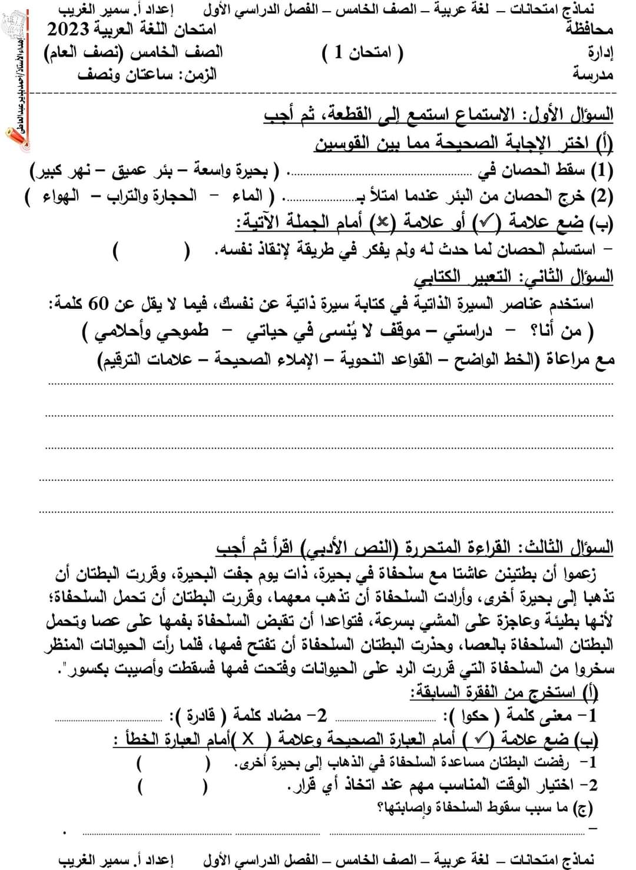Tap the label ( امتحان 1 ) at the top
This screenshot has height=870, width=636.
[363, 54]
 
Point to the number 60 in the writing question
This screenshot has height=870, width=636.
[98, 304]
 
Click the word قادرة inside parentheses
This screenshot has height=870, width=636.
[200, 716]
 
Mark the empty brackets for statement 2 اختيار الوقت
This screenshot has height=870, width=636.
[172, 787]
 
